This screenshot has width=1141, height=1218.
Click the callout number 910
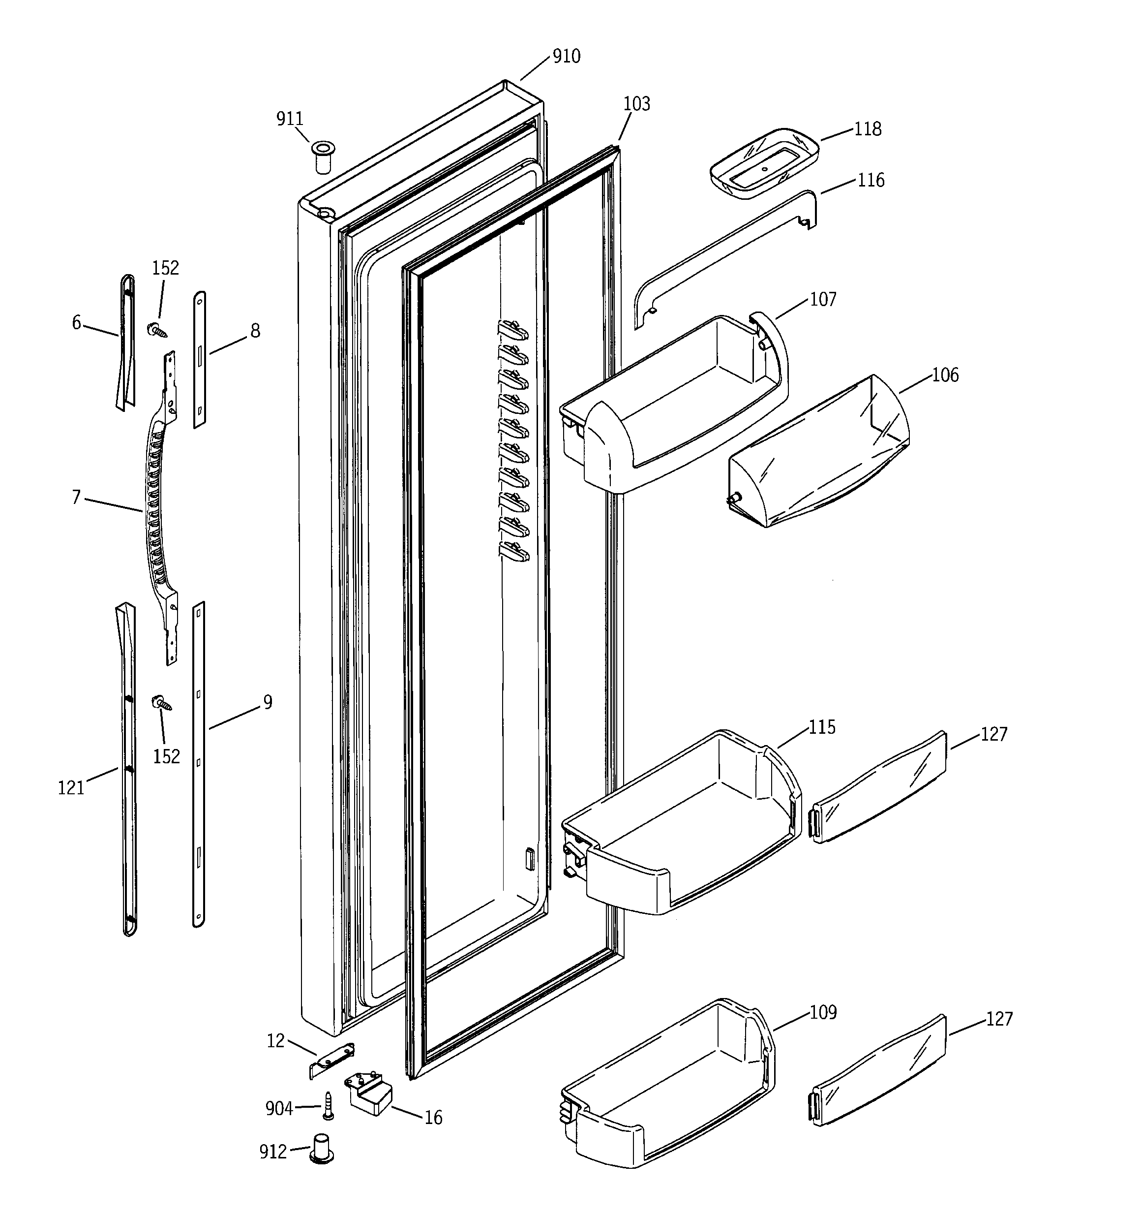(566, 57)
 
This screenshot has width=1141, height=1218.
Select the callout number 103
(636, 104)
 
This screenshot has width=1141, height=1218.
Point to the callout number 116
(871, 180)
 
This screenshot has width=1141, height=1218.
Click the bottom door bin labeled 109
(667, 1085)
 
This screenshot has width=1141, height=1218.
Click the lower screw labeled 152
(162, 703)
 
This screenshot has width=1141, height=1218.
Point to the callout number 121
(71, 788)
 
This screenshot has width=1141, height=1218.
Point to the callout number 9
(267, 702)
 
